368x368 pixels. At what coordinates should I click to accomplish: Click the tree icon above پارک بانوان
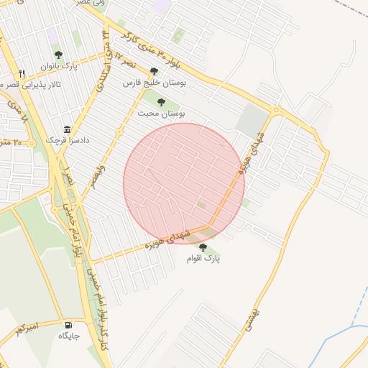[58, 55]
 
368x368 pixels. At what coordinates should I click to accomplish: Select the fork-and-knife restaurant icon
[22, 73]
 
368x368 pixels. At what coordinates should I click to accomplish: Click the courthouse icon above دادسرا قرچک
[67, 129]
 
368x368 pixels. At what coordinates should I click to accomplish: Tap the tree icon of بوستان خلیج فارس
[154, 72]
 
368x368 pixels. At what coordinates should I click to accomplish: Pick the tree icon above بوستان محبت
[160, 102]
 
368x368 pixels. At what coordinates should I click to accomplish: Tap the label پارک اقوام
[203, 258]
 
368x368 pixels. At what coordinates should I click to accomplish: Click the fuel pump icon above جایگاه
[68, 325]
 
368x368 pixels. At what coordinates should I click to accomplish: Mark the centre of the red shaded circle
[184, 183]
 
